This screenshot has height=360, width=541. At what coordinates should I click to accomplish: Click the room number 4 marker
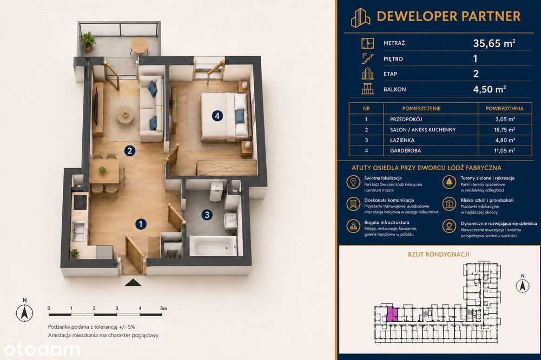[x=217, y=116]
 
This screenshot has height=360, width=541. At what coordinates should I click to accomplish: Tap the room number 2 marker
[x=130, y=151]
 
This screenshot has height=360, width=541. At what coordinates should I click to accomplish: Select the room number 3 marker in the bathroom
[x=207, y=215]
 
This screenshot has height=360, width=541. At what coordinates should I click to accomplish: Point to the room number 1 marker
[x=141, y=224]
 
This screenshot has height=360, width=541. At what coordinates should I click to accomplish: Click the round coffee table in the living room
[x=125, y=115]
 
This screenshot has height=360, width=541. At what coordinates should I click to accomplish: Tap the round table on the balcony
[x=140, y=45]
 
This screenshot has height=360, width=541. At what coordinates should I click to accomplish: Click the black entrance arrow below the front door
[x=133, y=283]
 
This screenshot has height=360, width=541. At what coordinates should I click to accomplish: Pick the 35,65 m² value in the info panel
[x=494, y=43]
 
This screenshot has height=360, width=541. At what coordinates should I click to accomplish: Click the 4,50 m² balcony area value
[x=489, y=89]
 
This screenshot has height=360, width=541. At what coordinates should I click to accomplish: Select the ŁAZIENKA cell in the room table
[x=403, y=141]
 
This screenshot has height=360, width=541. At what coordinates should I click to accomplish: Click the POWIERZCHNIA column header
[x=504, y=108]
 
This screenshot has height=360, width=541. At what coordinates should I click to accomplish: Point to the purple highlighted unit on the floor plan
[x=391, y=314]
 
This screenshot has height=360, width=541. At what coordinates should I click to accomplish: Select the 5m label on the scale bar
[x=163, y=308]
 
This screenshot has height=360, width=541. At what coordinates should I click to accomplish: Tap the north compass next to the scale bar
[x=24, y=312]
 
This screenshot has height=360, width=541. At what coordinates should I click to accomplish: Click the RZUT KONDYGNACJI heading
[x=439, y=255]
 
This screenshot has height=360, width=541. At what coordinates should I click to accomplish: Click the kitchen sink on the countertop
[x=78, y=230]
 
